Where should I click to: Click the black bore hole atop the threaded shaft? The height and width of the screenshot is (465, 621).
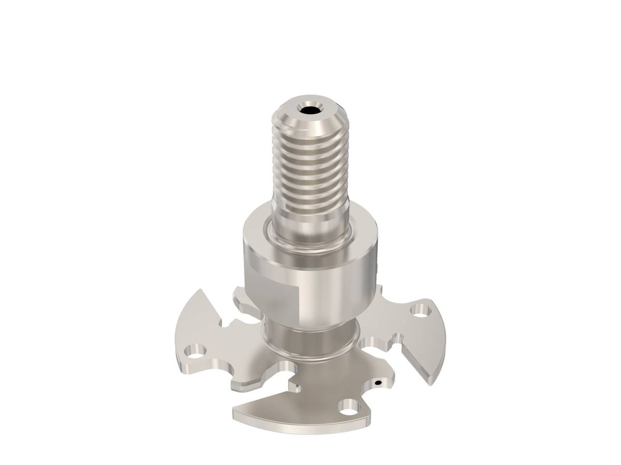310,110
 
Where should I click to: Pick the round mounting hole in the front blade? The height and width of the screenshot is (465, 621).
349,406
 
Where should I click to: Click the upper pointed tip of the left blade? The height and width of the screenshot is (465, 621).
199,290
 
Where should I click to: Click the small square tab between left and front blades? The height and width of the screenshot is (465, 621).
295,385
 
